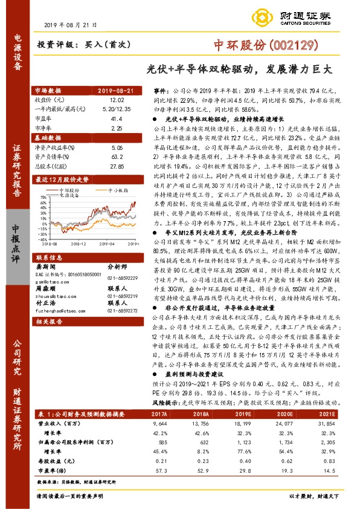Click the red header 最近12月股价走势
63,180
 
